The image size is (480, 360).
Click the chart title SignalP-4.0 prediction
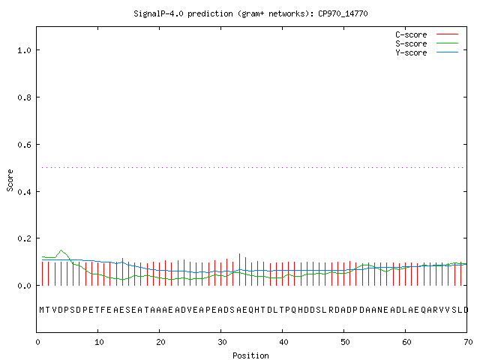(x=183, y=13)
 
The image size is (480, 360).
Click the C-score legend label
(x=411, y=34)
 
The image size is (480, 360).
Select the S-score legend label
(x=411, y=43)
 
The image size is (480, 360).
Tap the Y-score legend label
(x=411, y=52)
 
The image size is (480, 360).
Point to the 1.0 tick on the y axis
(x=24, y=50)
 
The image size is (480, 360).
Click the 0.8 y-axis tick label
(x=24, y=97)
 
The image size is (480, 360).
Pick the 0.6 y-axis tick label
(x=24, y=145)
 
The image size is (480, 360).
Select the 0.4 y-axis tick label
(x=24, y=192)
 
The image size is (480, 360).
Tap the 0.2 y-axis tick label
(x=24, y=238)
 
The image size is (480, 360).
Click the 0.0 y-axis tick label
(x=24, y=286)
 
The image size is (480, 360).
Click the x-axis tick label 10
(x=99, y=342)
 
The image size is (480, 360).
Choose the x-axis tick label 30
(x=222, y=342)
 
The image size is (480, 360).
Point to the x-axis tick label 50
(x=345, y=342)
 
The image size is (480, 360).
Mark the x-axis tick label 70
(x=468, y=342)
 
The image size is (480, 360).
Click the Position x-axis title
(x=250, y=355)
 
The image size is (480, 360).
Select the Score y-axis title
(x=10, y=180)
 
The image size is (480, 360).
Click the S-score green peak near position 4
(x=61, y=250)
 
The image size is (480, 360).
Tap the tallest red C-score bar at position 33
(x=239, y=269)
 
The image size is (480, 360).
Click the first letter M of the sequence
(x=42, y=310)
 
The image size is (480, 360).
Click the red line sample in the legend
(x=447, y=34)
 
